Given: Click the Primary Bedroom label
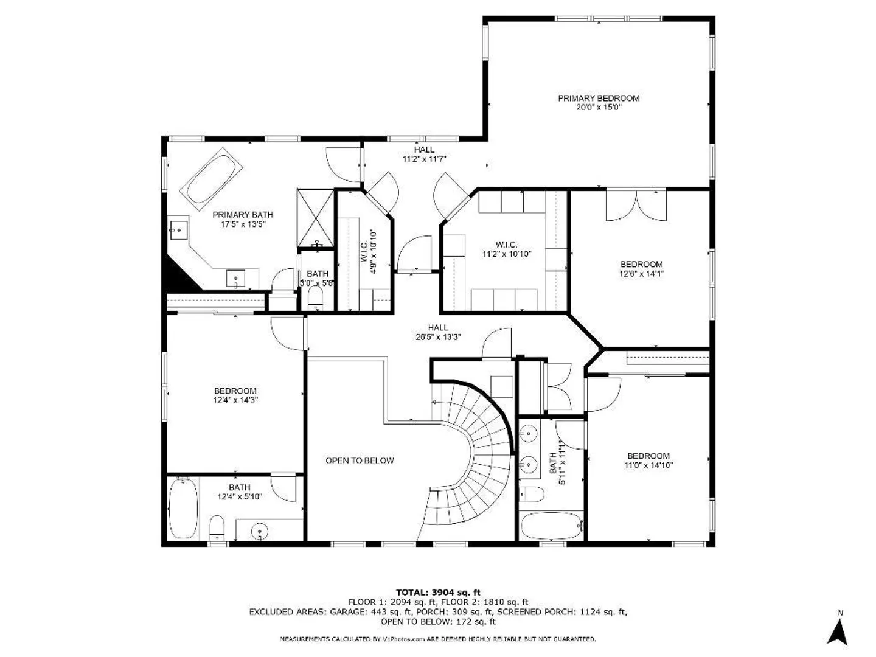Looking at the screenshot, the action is pos(598,98).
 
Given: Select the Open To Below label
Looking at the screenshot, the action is pos(360,461).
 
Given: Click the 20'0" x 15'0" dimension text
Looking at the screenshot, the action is pos(599,107).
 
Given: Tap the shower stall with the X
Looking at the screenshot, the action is pos(315,218).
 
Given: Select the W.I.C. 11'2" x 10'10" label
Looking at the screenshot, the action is pos(507,249).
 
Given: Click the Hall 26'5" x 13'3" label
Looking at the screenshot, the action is pos(438,332).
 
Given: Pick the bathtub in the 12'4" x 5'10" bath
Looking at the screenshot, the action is pos(182,509).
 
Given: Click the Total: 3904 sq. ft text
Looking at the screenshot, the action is pos(438,592).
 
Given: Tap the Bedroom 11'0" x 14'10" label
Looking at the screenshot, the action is pos(648,461).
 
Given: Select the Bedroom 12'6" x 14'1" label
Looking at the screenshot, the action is pos(641,269).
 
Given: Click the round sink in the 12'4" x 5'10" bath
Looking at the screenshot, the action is pos(259,531).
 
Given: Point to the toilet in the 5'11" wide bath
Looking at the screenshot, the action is pos(532,494).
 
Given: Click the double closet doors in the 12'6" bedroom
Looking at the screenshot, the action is pos(636,205).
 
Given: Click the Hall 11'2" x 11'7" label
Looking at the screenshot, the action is pos(424,154).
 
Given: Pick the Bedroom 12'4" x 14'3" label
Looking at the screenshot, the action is pos(235,395).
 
